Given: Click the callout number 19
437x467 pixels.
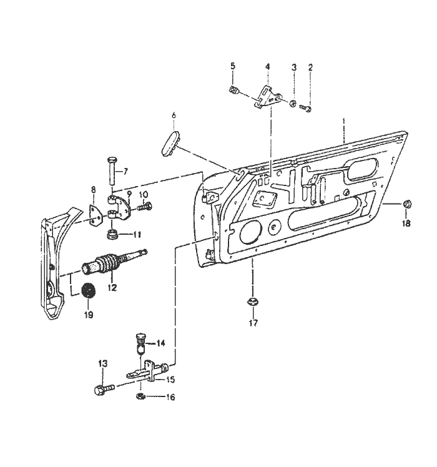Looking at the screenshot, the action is [89, 315].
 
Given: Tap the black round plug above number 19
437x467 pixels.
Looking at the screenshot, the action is [88, 290].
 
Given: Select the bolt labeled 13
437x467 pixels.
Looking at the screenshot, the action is [104, 390].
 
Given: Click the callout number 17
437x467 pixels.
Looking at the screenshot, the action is [253, 323].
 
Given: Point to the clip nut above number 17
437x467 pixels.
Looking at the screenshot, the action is [253, 302].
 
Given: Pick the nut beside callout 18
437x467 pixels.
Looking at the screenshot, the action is [406, 204].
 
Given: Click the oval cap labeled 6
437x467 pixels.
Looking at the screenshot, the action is [170, 142].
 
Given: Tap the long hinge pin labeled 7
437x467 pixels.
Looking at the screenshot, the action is [112, 171].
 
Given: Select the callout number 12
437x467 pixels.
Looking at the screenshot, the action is [112, 288].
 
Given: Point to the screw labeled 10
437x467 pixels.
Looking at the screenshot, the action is [144, 206].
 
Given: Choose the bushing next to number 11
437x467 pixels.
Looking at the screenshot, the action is [112, 234].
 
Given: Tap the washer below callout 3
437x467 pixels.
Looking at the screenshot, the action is [293, 104].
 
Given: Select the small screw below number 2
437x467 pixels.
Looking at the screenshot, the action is [306, 108].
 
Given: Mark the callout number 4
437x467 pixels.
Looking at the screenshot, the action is [267, 66].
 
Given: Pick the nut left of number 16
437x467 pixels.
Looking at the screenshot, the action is [140, 396].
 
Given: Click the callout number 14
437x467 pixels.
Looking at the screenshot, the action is [160, 343].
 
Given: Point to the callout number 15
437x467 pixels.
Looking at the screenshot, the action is [170, 380].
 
